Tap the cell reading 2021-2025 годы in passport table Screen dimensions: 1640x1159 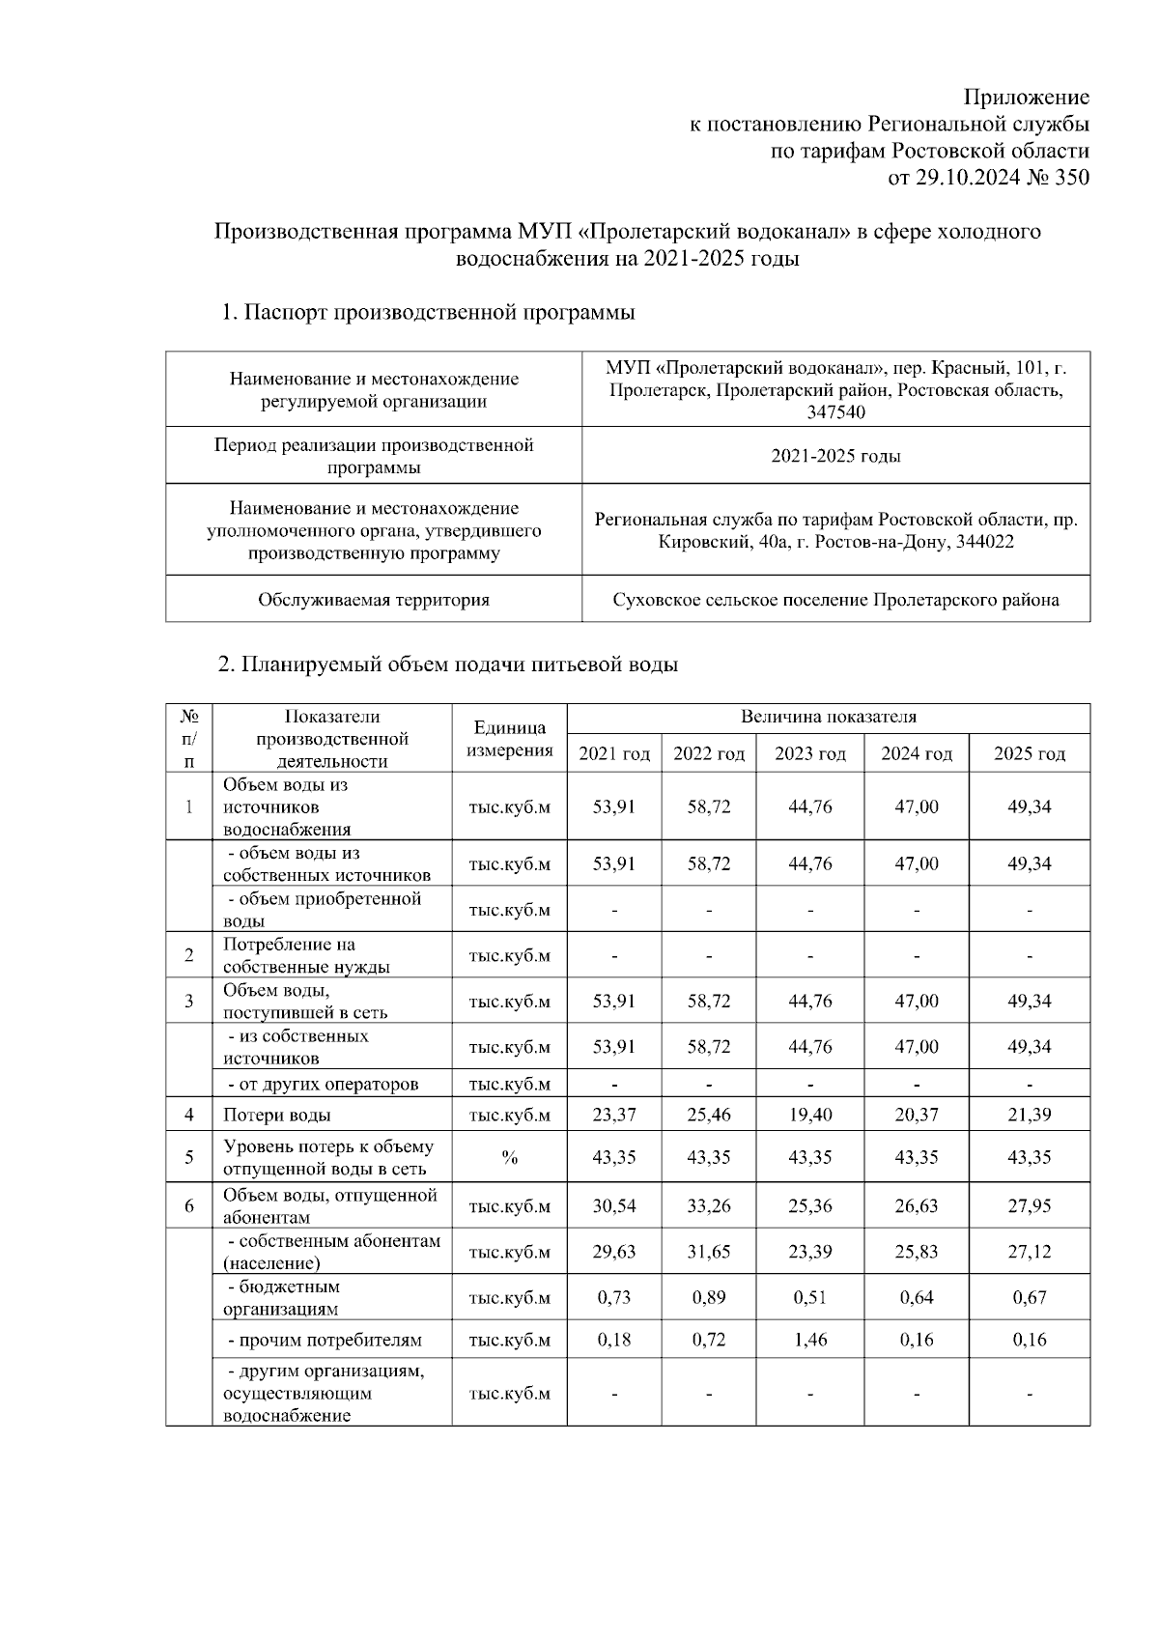point(835,456)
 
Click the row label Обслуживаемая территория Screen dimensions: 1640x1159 point(374,600)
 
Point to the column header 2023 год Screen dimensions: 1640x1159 point(809,753)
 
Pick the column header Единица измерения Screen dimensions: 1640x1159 point(509,739)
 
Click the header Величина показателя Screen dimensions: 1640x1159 point(828,718)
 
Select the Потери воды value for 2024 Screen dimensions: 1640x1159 point(916,1115)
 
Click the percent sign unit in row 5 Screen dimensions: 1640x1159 point(509,1157)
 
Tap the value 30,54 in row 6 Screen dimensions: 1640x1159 point(613,1205)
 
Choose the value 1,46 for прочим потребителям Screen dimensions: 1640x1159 point(809,1340)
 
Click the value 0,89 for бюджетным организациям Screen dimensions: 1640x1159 point(709,1297)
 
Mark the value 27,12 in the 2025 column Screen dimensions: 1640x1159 point(1029,1252)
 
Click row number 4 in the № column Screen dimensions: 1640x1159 point(189,1115)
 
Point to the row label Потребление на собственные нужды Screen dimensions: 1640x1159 point(306,955)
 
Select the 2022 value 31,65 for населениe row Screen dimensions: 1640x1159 point(709,1252)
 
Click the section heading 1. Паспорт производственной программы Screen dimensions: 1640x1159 point(428,313)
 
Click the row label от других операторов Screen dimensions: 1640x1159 point(323,1084)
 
